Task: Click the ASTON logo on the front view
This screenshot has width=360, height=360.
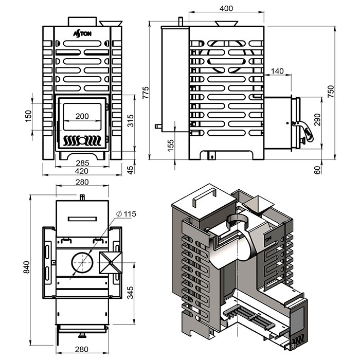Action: pyautogui.click(x=82, y=34)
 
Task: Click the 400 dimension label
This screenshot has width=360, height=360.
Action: pyautogui.click(x=226, y=9)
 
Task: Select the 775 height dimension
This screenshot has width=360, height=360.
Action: pyautogui.click(x=146, y=93)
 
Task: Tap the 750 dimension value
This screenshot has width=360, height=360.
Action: pyautogui.click(x=331, y=91)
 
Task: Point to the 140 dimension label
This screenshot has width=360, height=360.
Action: pyautogui.click(x=277, y=71)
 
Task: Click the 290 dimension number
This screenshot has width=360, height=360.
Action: pyautogui.click(x=317, y=120)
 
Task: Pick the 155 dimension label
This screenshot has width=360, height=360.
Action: pyautogui.click(x=171, y=146)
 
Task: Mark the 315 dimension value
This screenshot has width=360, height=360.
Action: pyautogui.click(x=130, y=120)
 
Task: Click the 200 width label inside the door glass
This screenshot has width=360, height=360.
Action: pyautogui.click(x=82, y=116)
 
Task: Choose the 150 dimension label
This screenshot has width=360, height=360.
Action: pyautogui.click(x=28, y=116)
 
